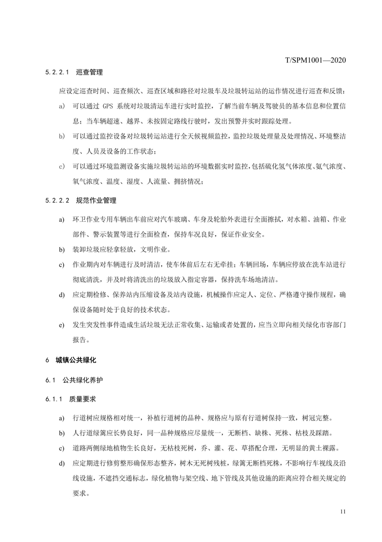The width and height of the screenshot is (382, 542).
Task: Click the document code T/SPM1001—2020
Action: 315,59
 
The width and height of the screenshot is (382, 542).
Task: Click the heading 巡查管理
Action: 90,72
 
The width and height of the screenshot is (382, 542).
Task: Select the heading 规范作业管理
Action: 96,201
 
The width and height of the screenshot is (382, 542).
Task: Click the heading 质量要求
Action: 82,399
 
